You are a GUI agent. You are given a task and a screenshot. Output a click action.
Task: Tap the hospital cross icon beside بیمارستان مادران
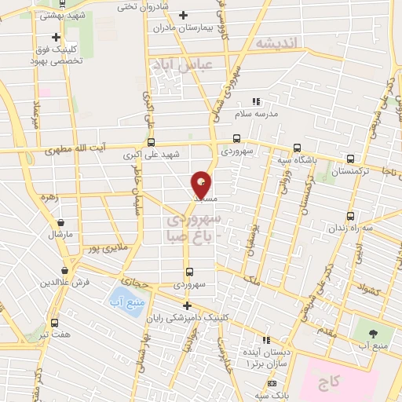pyautogui.click(x=183, y=15)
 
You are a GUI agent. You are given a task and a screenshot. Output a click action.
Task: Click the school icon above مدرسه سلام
pyautogui.click(x=255, y=101)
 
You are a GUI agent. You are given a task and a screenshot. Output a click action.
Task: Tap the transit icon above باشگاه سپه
pyautogui.click(x=296, y=147)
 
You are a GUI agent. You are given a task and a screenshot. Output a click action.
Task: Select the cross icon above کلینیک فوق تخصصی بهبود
pyautogui.click(x=56, y=36)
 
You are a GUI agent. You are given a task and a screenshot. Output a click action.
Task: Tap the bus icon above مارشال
pyautogui.click(x=60, y=222)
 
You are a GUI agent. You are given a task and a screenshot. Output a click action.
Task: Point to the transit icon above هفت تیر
pyautogui.click(x=53, y=323)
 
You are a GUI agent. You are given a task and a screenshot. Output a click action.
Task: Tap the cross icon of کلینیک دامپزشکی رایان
pyautogui.click(x=186, y=305)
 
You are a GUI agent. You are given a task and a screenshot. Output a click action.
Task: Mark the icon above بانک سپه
pyautogui.click(x=272, y=383)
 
